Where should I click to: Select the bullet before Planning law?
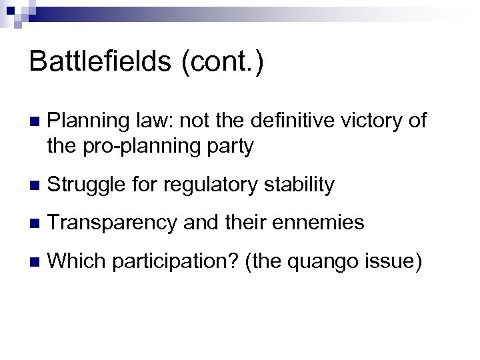pyautogui.click(x=34, y=121)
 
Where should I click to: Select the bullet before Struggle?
pyautogui.click(x=34, y=185)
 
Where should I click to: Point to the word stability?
pyautogui.click(x=299, y=185)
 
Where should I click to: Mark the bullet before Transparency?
pyautogui.click(x=34, y=223)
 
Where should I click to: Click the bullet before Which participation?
pyautogui.click(x=34, y=261)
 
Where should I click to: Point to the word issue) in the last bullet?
pyautogui.click(x=396, y=261)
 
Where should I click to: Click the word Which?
pyautogui.click(x=77, y=261)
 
